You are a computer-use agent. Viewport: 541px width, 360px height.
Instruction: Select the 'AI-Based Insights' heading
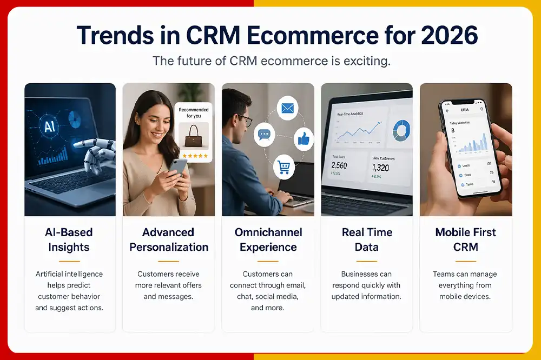pos(69,239)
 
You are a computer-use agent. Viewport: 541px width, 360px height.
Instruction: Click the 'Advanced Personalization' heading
pos(168,239)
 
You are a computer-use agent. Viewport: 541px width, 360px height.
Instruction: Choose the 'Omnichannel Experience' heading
pos(268,239)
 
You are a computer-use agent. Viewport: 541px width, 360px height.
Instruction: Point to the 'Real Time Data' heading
pos(367,239)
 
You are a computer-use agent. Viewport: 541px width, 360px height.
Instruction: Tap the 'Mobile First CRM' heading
pos(466,239)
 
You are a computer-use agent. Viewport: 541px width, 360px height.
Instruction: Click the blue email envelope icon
pos(287,108)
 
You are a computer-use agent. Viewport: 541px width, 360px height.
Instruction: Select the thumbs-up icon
pos(304,139)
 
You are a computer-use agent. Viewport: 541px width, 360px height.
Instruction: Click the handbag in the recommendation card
pos(194,139)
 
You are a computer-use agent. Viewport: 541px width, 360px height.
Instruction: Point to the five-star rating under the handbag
pos(194,155)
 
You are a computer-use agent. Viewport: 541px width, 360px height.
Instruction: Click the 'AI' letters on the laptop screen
pos(50,127)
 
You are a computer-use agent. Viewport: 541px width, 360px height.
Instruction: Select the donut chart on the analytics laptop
pos(401,130)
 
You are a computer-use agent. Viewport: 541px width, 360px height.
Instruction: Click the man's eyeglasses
pos(245,119)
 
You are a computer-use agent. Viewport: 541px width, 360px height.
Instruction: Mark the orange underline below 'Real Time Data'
pos(367,260)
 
